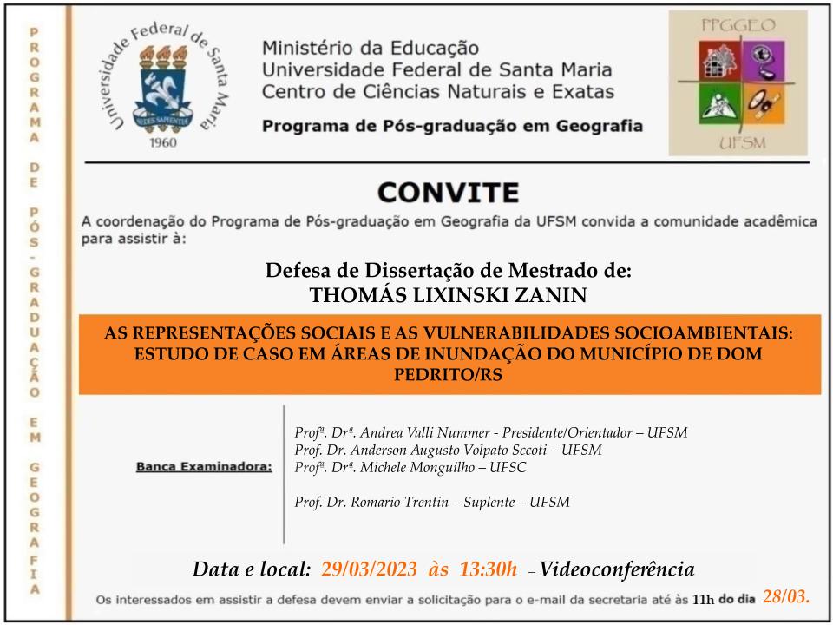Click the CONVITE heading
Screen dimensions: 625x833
(449, 191)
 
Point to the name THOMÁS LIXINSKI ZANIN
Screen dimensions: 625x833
(449, 296)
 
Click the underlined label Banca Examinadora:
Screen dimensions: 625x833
(204, 467)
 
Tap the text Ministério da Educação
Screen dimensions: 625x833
(370, 48)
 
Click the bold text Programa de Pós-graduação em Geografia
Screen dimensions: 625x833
(452, 126)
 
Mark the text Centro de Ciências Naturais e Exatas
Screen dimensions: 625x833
(438, 91)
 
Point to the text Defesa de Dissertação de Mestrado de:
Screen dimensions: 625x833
(449, 270)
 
